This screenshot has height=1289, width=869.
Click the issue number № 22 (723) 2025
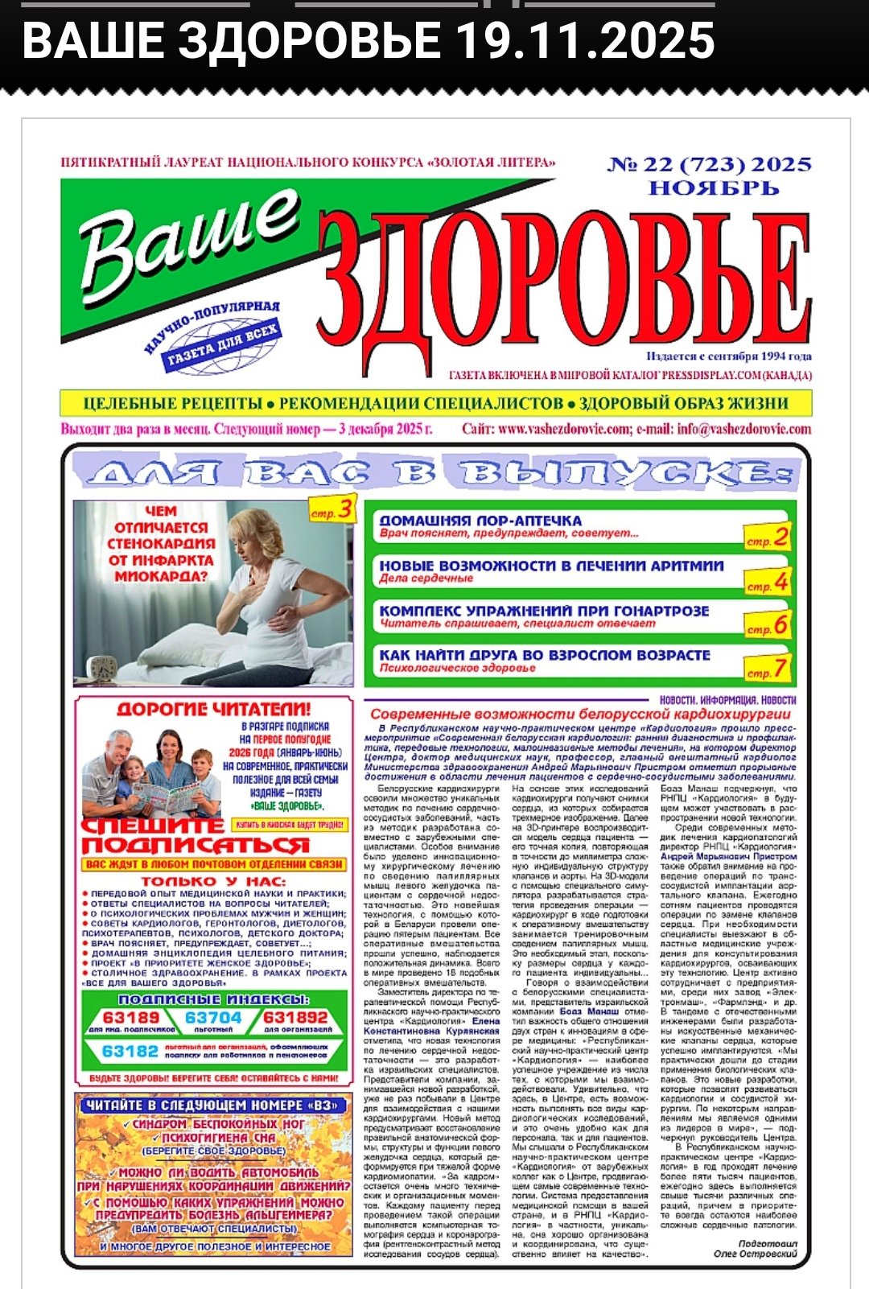click(709, 165)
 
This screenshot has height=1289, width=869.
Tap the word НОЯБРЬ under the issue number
click(715, 189)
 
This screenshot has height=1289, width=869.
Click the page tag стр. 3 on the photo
click(332, 509)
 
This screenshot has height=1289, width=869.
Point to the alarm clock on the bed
click(103, 668)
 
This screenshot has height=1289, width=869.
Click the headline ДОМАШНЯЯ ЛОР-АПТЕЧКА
click(480, 521)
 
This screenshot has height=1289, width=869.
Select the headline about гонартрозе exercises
click(544, 611)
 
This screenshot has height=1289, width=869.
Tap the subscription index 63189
click(131, 1018)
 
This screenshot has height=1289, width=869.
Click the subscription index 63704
click(213, 1018)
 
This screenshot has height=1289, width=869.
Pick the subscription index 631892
click(296, 1018)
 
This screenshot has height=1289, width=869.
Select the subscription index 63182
click(130, 1052)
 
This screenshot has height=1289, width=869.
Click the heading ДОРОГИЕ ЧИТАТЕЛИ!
click(214, 709)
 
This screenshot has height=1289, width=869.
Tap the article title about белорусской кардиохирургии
click(580, 714)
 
